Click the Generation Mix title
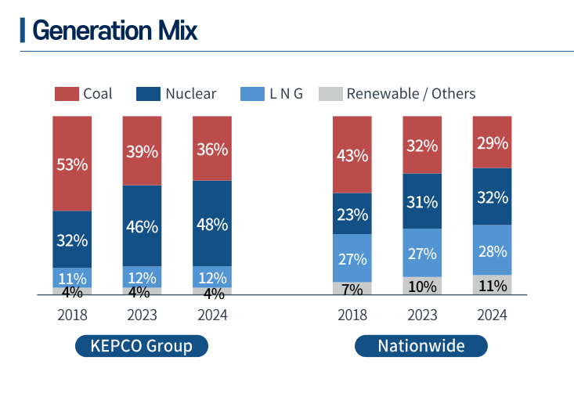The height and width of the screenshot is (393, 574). click(x=114, y=30)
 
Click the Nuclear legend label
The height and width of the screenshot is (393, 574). click(x=190, y=94)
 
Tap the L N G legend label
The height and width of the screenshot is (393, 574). click(x=286, y=94)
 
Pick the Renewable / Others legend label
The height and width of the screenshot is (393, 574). click(x=410, y=94)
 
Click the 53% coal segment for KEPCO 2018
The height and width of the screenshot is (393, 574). click(x=72, y=164)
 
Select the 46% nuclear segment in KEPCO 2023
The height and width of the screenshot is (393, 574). click(x=142, y=226)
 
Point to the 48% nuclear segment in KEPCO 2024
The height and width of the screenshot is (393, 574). click(x=211, y=224)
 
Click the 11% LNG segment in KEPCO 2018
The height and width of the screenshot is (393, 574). click(x=72, y=277)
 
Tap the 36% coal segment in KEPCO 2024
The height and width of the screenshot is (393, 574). click(x=211, y=149)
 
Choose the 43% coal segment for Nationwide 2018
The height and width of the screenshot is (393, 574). click(x=352, y=155)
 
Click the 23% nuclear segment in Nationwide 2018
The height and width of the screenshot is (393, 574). click(x=352, y=214)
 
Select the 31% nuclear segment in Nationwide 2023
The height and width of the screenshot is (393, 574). click(x=422, y=202)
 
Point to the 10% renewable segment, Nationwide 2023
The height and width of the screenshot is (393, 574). click(x=422, y=287)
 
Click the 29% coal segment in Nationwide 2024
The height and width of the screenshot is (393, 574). click(x=492, y=142)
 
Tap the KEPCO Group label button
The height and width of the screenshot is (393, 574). click(x=142, y=345)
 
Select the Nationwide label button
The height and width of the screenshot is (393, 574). click(x=421, y=345)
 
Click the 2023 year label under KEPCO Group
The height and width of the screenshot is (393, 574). click(x=142, y=315)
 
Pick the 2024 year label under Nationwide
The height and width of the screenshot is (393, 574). click(x=492, y=315)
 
